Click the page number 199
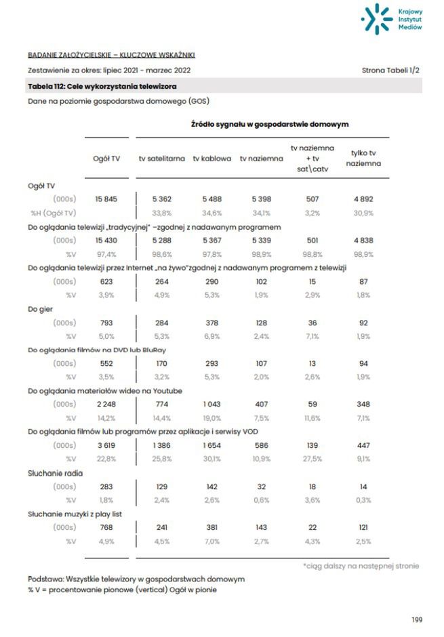point(417,619)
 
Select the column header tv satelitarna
point(161,159)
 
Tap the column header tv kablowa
point(211,159)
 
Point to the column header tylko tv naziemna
point(363,159)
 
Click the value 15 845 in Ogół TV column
point(106,199)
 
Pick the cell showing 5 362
point(163,199)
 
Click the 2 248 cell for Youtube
point(106,405)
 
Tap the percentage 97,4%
point(106,253)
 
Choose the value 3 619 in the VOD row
point(106,445)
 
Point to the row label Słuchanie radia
point(55,473)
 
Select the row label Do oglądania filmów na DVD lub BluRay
point(97,350)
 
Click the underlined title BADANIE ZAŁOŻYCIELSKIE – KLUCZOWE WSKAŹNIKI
point(111,55)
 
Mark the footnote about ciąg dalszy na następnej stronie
point(361,566)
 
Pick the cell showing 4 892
point(363,199)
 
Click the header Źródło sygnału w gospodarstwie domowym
point(270,125)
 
